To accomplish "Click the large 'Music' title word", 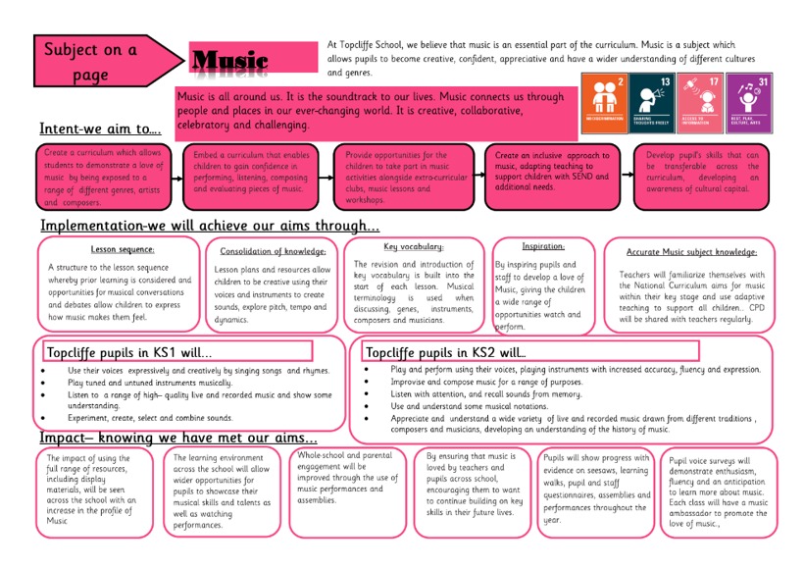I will coord(229,61).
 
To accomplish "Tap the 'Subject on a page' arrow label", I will coord(90,61).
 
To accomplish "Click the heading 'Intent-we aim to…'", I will coord(100,129).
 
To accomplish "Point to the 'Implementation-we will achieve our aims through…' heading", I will coord(209,227).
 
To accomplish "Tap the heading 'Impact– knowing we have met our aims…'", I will coord(177,438).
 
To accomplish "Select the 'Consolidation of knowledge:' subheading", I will coord(273,251).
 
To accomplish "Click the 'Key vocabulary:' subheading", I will coord(413,247).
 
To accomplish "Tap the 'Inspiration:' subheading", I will coord(542,246).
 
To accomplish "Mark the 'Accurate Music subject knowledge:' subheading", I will coord(691,252).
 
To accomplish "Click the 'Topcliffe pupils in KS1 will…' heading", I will coord(129,351).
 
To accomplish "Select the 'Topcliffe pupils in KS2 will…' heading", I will coord(446,351).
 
